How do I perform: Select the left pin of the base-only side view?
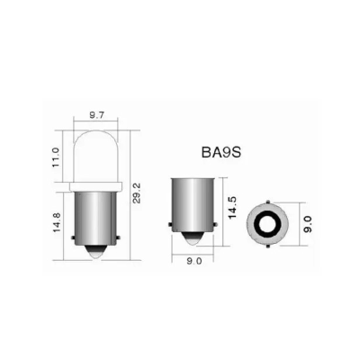tap(171, 226)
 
